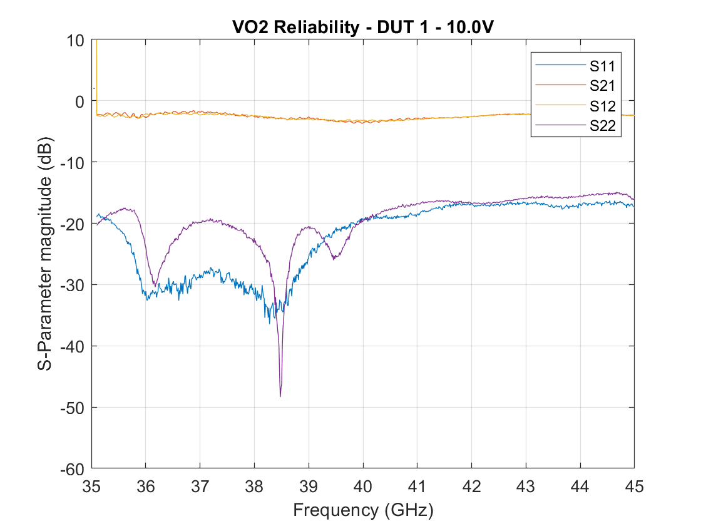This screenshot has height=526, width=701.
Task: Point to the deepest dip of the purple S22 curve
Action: point(280,396)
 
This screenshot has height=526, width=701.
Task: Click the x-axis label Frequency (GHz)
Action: point(362,510)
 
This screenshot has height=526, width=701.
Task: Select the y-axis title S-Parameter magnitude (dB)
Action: point(44,254)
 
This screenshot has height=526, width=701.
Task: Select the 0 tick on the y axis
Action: point(79,101)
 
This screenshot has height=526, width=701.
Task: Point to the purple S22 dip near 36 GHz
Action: point(154,285)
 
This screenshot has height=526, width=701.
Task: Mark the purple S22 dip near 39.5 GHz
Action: point(334,258)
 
